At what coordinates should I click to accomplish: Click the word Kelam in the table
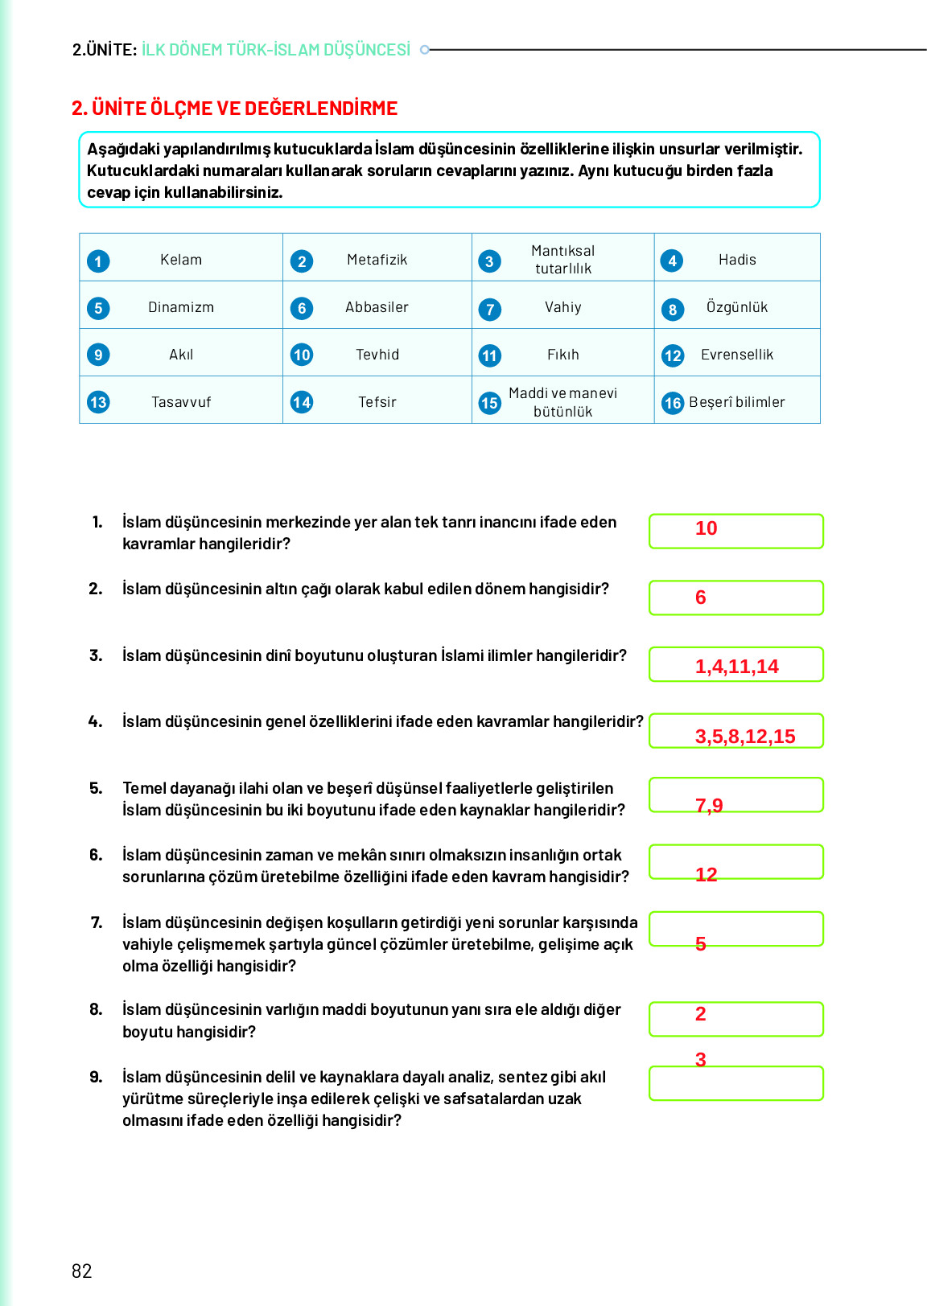181,260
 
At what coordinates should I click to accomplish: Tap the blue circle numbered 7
489,310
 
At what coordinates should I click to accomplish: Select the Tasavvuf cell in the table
181,402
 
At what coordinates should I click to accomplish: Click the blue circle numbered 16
673,403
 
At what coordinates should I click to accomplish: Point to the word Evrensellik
736,355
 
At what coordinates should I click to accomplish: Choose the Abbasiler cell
377,307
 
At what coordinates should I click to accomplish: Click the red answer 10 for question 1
706,528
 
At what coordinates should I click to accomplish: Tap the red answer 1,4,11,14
736,667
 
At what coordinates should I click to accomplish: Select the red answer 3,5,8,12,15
744,737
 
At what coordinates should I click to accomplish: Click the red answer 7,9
709,806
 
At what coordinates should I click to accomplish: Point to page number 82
82,1271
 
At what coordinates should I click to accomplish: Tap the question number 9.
96,1077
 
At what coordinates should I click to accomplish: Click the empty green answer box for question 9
735,1085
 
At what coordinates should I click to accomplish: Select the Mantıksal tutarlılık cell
562,260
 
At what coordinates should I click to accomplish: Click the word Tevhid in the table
377,355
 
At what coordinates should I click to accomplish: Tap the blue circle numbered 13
98,402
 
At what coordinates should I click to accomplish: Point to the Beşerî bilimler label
736,402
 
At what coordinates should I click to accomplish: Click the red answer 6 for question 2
700,598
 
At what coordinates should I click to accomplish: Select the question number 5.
96,788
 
